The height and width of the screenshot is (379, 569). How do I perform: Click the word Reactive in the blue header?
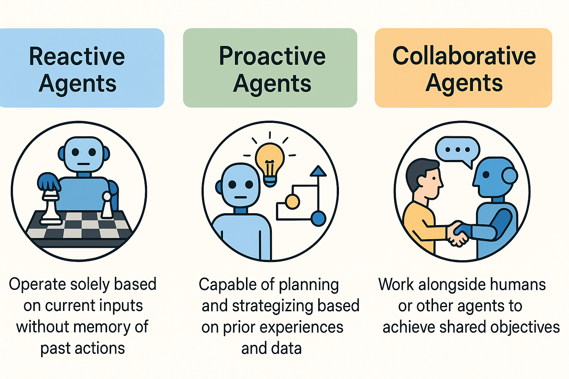(77, 57)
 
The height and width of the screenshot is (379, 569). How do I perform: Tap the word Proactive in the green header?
(272, 57)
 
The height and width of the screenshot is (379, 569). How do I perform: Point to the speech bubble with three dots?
(457, 150)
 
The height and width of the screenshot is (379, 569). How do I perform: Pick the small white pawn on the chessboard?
(107, 205)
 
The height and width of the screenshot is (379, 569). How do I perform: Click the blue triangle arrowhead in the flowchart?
(318, 171)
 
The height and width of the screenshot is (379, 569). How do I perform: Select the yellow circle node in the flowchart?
(292, 202)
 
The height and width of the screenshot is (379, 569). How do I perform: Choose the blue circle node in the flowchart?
(318, 218)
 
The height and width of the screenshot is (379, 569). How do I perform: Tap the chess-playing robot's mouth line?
(84, 164)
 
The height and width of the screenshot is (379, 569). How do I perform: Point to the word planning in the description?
(309, 285)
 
